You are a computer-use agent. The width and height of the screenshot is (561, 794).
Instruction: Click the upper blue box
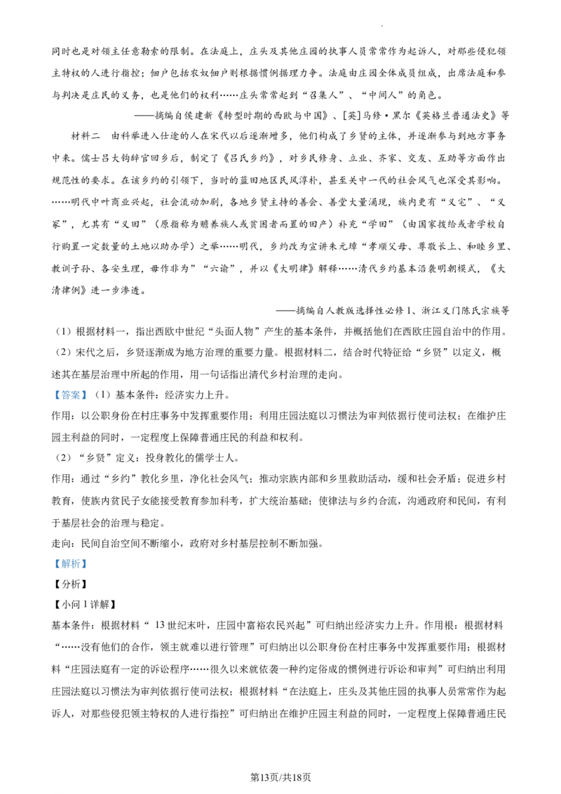click(x=70, y=396)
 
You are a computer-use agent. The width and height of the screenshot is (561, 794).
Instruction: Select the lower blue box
click(x=70, y=564)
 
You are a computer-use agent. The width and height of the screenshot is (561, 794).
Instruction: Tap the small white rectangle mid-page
click(x=202, y=429)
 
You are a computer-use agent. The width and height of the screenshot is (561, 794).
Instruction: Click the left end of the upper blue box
click(x=53, y=396)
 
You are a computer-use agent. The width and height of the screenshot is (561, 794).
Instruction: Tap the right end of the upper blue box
click(x=87, y=396)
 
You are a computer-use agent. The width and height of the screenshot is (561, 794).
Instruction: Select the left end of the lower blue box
click(x=53, y=564)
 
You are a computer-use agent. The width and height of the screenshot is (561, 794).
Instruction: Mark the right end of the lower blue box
click(x=87, y=564)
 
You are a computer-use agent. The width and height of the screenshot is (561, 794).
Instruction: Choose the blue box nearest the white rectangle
click(x=70, y=396)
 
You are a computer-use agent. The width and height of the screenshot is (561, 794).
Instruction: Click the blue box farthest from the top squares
click(x=70, y=564)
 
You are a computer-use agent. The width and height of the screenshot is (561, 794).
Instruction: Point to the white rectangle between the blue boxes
click(x=202, y=429)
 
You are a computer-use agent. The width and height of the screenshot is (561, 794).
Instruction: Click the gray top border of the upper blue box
click(x=70, y=389)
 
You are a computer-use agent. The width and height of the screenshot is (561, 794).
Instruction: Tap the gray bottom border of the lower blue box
click(x=70, y=571)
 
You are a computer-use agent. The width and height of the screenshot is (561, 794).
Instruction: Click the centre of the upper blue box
click(x=70, y=396)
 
